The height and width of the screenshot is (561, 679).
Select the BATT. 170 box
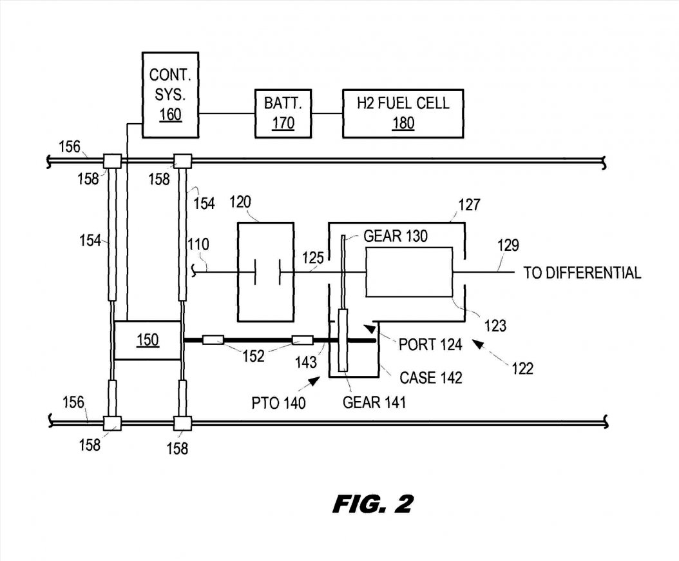[283, 112]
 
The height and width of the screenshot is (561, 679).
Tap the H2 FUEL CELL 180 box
[403, 112]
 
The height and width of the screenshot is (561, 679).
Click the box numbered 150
[148, 340]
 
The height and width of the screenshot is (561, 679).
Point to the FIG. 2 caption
[373, 504]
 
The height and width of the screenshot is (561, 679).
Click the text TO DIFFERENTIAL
[582, 273]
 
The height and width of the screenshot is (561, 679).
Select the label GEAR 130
[396, 236]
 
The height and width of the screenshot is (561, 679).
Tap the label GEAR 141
[374, 402]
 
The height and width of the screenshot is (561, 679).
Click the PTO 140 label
[279, 404]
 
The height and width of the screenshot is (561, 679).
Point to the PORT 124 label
[430, 344]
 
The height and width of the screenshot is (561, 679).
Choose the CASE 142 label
[430, 377]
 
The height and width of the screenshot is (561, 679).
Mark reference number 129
[508, 245]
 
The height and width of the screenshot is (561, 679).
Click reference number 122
[522, 368]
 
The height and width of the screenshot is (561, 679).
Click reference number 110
[198, 244]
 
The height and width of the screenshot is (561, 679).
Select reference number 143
[306, 362]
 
